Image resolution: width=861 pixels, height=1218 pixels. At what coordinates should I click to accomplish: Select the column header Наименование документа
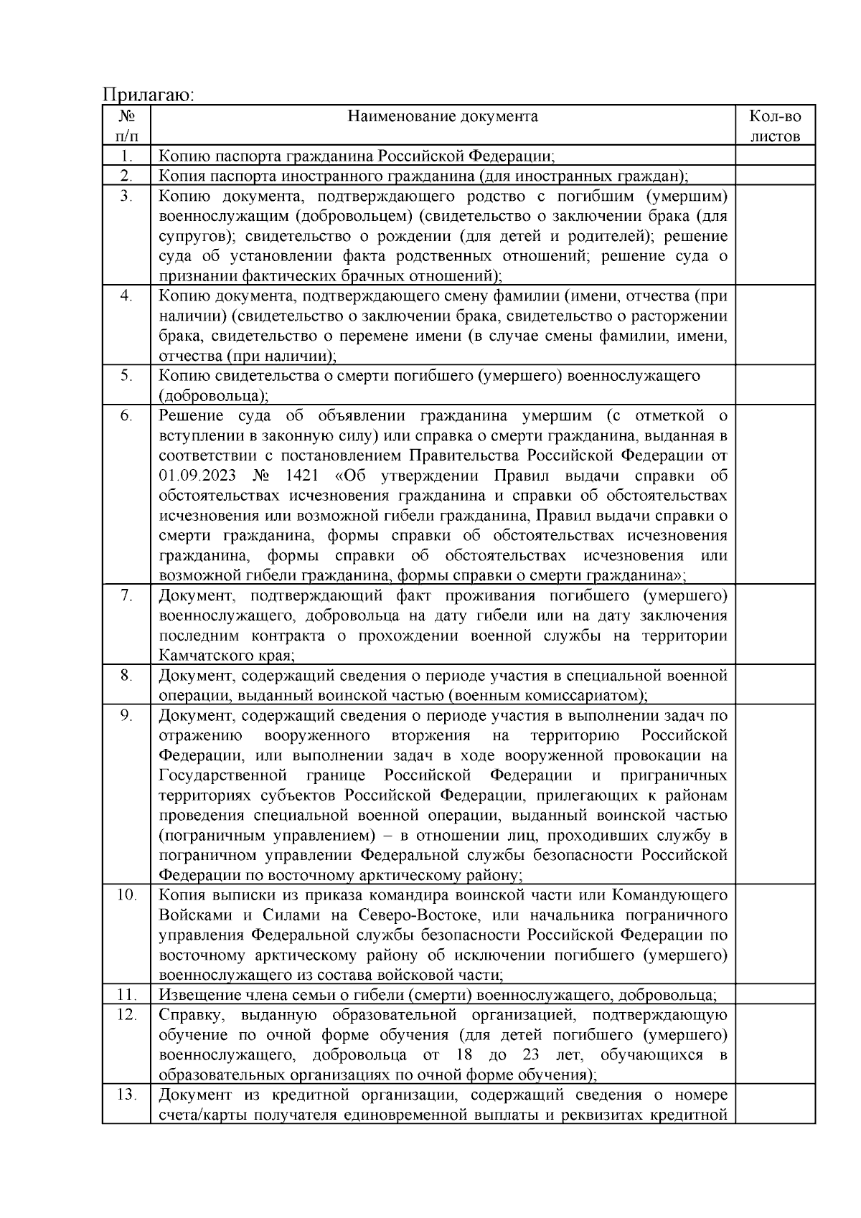(442, 116)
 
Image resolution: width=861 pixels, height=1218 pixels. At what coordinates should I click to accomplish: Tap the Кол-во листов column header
(775, 126)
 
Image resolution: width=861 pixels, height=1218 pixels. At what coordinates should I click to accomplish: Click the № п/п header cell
(126, 126)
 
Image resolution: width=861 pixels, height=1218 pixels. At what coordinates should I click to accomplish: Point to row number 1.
(126, 156)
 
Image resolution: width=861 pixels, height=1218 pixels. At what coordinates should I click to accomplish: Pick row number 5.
(126, 376)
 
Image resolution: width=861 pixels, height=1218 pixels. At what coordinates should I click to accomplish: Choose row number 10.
(126, 895)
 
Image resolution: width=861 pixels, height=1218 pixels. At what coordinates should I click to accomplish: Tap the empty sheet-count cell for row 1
(775, 156)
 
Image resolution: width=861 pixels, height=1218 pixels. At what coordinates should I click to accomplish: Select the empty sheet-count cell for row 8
(775, 685)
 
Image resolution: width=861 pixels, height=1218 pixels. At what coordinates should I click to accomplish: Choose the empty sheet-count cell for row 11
(775, 995)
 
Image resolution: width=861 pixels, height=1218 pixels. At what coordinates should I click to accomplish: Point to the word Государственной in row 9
(223, 775)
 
